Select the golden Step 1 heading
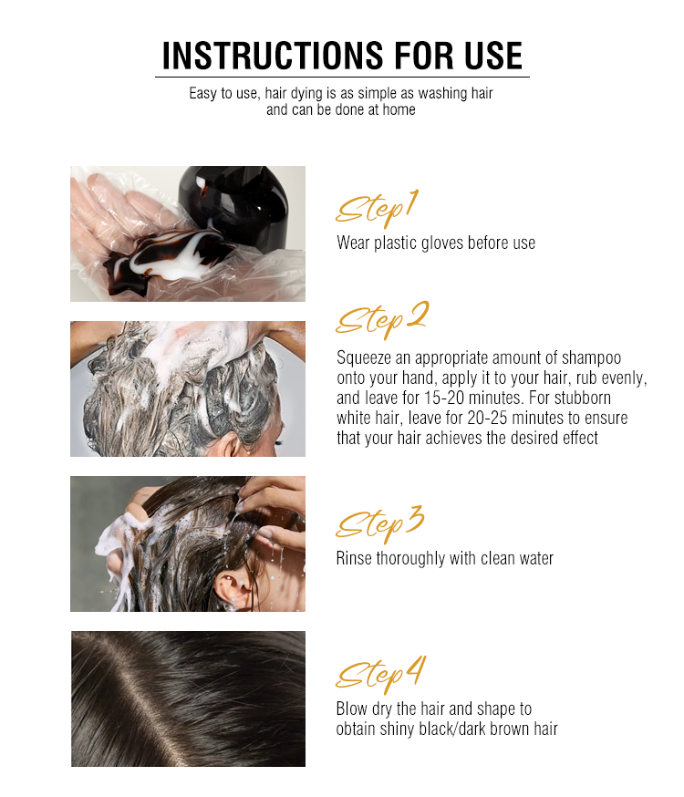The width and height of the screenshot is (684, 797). point(377,209)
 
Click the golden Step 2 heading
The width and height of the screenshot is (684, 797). point(381,319)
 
